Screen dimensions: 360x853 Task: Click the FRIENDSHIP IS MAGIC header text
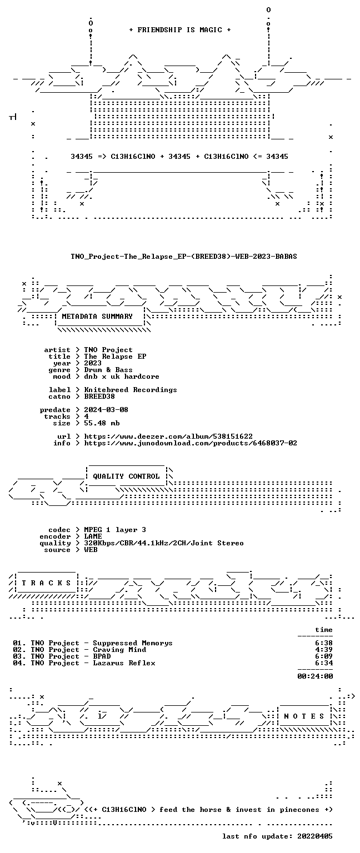pos(180,29)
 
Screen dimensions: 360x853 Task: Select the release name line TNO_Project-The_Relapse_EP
pos(184,256)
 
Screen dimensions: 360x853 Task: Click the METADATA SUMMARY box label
pos(97,316)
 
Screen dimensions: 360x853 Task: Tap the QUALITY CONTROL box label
pos(126,476)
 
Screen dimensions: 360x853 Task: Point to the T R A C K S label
pos(47,583)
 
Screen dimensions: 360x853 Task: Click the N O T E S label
pos(304,716)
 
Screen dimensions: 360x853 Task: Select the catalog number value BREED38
pos(99,397)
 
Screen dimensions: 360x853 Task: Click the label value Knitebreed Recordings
pos(131,390)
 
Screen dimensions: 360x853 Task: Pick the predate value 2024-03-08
pos(106,410)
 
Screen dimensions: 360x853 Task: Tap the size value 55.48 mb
pos(102,423)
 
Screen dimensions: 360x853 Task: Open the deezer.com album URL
pos(168,436)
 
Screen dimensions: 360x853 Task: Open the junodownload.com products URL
pos(191,443)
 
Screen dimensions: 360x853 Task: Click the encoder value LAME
pos(93,536)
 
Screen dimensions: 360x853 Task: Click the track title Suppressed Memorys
pos(133,643)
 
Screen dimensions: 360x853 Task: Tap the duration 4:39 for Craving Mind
pos(324,650)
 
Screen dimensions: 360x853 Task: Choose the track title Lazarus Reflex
pos(124,663)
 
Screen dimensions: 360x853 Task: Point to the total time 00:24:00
pos(315,676)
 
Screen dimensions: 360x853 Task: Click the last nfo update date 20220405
pos(314,836)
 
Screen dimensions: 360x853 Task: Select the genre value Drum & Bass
pos(108,370)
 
